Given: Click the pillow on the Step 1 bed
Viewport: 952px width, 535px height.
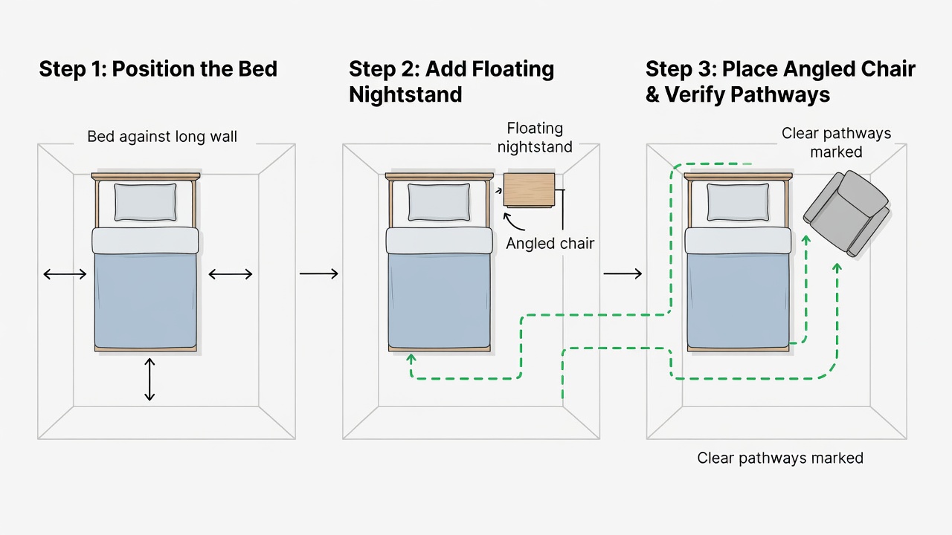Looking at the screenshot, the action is pyautogui.click(x=145, y=202).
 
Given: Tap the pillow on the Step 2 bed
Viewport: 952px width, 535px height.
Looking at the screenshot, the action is pyautogui.click(x=439, y=202).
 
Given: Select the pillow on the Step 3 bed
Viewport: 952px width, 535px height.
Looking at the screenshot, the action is pyautogui.click(x=738, y=202).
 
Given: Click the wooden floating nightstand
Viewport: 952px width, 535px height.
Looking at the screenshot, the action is pyautogui.click(x=529, y=189).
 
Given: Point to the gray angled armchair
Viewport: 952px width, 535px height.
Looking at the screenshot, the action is pyautogui.click(x=846, y=213).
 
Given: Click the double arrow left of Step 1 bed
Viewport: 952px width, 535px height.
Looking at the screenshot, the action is pyautogui.click(x=65, y=274).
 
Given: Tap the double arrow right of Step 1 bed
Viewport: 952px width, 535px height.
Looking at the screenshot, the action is pyautogui.click(x=231, y=274).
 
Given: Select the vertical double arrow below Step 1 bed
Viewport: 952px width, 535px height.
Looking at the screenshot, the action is pyautogui.click(x=149, y=379).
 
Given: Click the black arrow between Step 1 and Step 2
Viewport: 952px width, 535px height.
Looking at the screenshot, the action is pyautogui.click(x=319, y=274).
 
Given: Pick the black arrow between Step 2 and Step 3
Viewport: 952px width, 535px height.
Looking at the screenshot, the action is pyautogui.click(x=623, y=274).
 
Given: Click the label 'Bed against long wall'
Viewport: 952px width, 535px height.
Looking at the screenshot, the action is pyautogui.click(x=162, y=137).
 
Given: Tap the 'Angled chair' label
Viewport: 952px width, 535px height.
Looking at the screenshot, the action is pyautogui.click(x=550, y=244).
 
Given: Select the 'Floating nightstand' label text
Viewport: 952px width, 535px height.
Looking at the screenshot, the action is pyautogui.click(x=535, y=137).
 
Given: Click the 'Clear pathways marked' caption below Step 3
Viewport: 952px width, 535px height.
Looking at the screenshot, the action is pyautogui.click(x=780, y=458).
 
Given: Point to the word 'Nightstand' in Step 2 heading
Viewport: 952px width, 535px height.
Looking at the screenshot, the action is pyautogui.click(x=405, y=94).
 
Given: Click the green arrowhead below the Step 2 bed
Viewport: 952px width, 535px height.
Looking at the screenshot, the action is pyautogui.click(x=411, y=358).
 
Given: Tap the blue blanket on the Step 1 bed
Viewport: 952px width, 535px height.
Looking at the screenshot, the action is pyautogui.click(x=145, y=301).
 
